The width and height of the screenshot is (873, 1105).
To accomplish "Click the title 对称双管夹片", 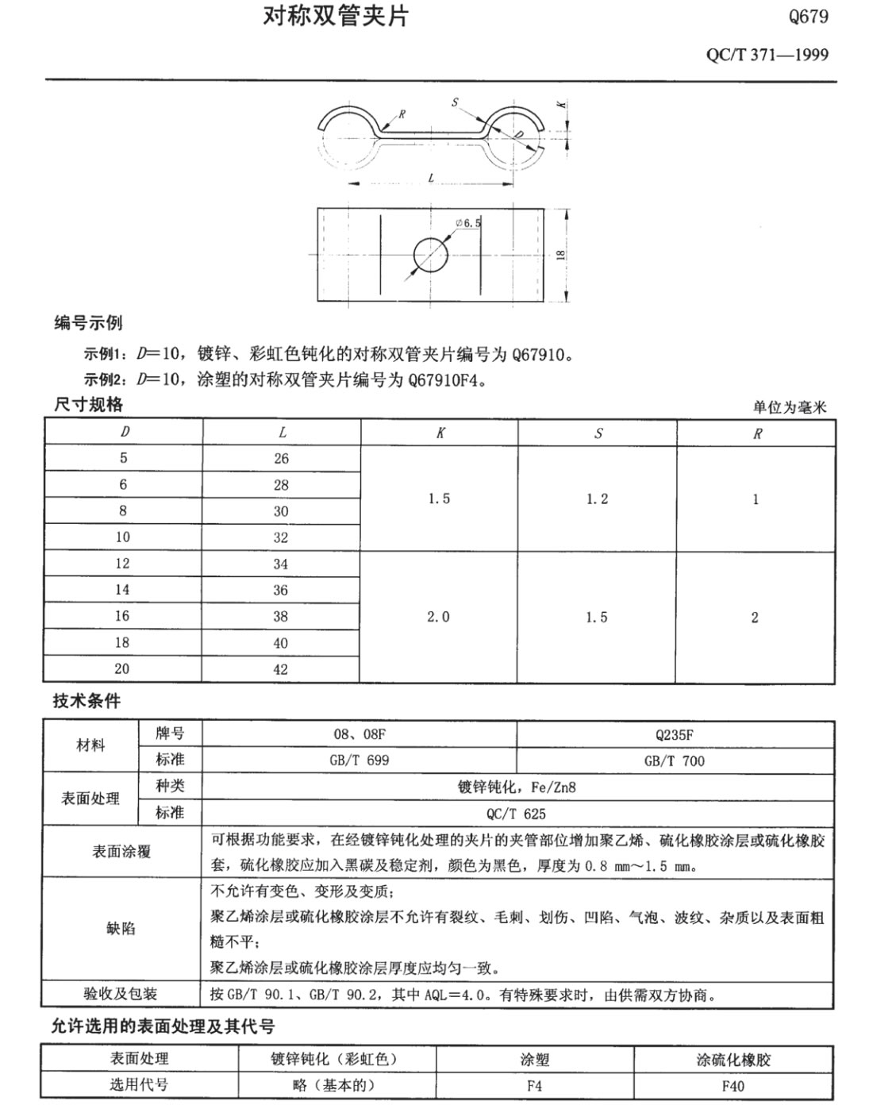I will click(x=335, y=17).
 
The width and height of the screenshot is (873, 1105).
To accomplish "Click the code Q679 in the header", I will click(x=808, y=17).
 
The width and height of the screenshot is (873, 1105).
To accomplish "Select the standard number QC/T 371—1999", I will click(x=767, y=55).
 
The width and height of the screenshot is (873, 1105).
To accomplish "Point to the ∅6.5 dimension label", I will click(x=469, y=223).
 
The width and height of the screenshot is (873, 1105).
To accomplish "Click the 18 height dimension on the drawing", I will click(x=560, y=255).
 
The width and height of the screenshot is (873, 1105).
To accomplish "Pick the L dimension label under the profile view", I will click(x=431, y=179).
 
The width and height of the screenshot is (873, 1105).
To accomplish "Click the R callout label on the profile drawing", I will click(x=402, y=114).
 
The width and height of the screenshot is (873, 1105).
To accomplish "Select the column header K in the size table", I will click(x=440, y=433).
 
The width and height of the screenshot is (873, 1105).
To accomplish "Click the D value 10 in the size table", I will click(x=122, y=537).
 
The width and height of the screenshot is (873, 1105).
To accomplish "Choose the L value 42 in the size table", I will click(x=280, y=669).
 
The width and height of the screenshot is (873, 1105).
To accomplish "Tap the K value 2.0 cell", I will click(x=438, y=617).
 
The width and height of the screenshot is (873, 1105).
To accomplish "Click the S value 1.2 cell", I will click(x=597, y=499).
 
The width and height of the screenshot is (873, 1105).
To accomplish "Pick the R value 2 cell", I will click(x=755, y=617).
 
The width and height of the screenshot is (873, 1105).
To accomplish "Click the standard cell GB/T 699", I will click(x=359, y=760).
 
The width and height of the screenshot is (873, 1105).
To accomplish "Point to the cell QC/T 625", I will click(x=516, y=813).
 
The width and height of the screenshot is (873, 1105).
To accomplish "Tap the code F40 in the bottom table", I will click(x=733, y=1085).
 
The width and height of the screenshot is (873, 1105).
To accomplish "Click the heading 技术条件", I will click(x=87, y=702).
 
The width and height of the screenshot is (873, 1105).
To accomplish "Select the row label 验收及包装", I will click(x=121, y=994).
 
